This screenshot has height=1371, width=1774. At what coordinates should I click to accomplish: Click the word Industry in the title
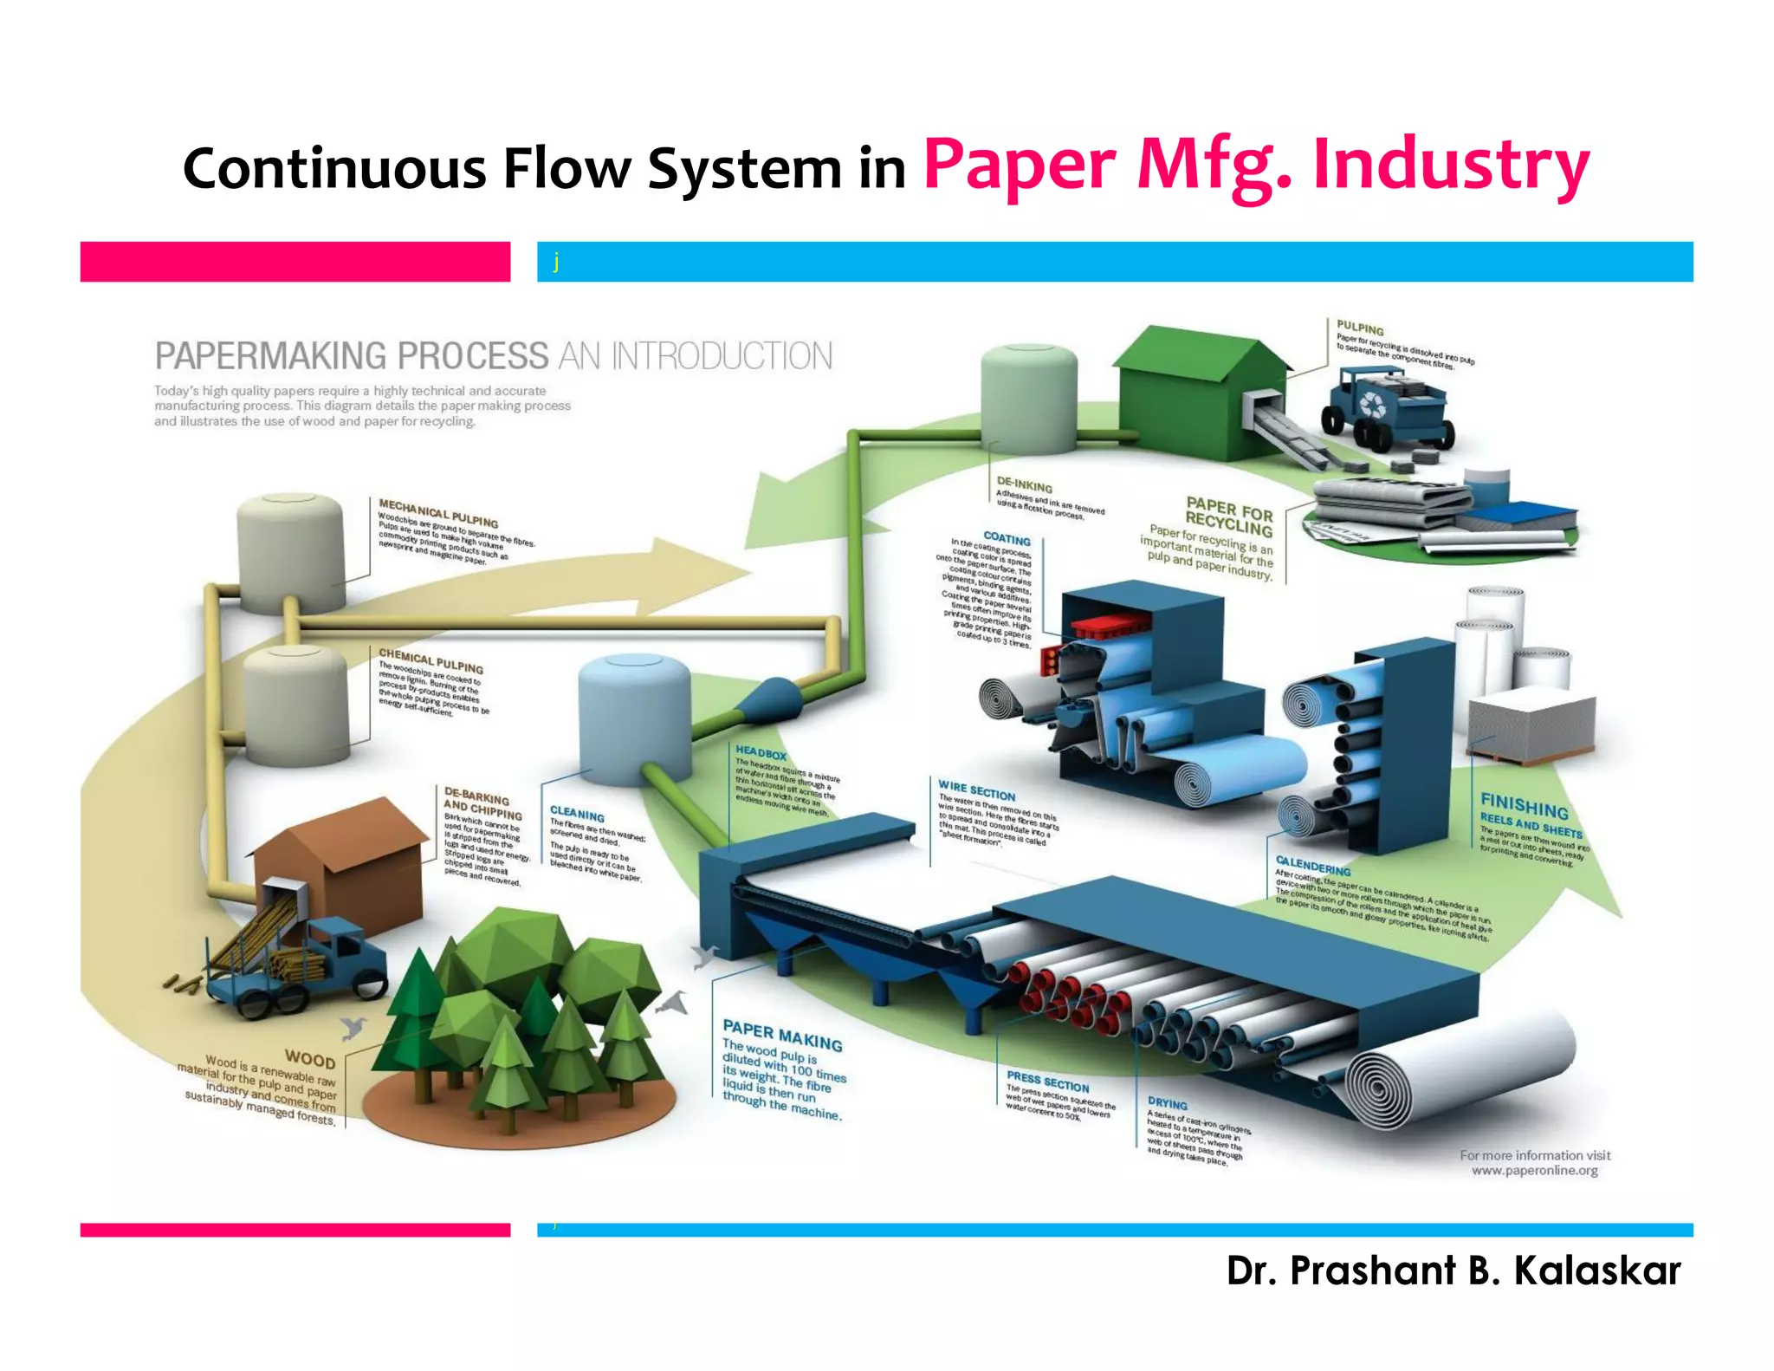(1451, 165)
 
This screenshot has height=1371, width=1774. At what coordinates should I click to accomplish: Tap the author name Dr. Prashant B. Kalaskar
(1453, 1270)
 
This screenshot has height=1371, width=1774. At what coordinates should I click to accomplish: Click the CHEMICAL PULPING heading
(431, 660)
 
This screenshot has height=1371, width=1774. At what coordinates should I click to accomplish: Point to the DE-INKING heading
(1024, 485)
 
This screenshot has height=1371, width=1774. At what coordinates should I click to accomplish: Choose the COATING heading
(1007, 538)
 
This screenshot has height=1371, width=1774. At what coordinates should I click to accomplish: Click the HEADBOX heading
(761, 753)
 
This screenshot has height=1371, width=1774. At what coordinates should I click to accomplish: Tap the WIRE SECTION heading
(976, 789)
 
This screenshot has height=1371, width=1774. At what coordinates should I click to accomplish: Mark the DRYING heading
(1167, 1104)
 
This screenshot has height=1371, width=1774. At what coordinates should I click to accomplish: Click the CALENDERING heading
(1312, 866)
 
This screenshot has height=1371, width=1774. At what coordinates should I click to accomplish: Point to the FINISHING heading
(1524, 805)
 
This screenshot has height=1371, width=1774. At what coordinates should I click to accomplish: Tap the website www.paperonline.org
(1534, 1171)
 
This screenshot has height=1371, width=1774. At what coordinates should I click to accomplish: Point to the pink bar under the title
(295, 262)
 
